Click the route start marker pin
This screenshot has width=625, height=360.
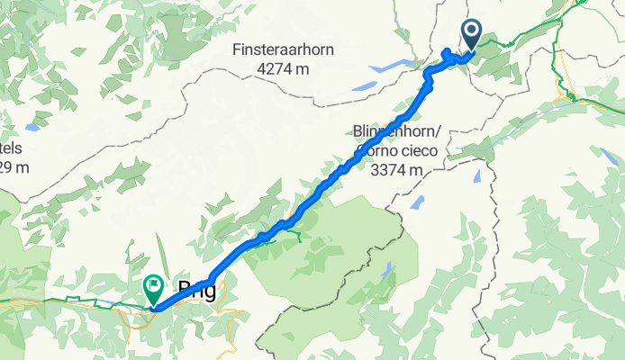click(473, 36)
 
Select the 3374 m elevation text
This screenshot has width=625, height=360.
click(397, 167)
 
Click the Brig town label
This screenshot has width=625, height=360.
click(198, 289)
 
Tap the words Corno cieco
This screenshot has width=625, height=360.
click(392, 149)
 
